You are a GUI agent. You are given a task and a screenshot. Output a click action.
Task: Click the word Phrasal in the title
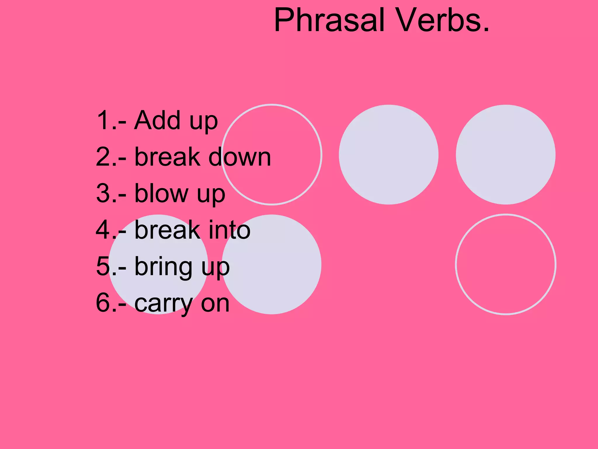pyautogui.click(x=329, y=20)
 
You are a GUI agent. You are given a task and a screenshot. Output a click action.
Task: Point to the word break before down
pyautogui.click(x=167, y=157)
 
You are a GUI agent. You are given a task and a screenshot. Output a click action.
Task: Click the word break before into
pyautogui.click(x=167, y=230)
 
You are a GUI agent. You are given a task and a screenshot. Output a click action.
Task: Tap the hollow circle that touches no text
pyautogui.click(x=506, y=264)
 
